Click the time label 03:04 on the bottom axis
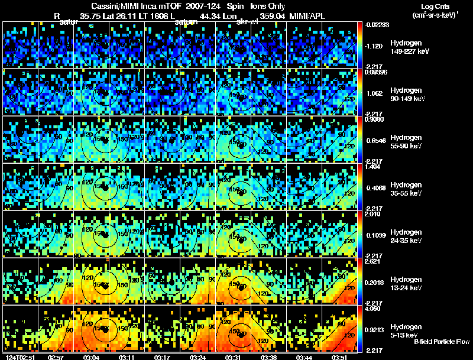(90, 357)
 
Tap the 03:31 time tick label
(230, 357)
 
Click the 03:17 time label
(161, 357)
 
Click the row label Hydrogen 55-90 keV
(405, 142)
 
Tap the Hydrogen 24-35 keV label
(405, 236)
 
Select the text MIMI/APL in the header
(304, 16)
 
